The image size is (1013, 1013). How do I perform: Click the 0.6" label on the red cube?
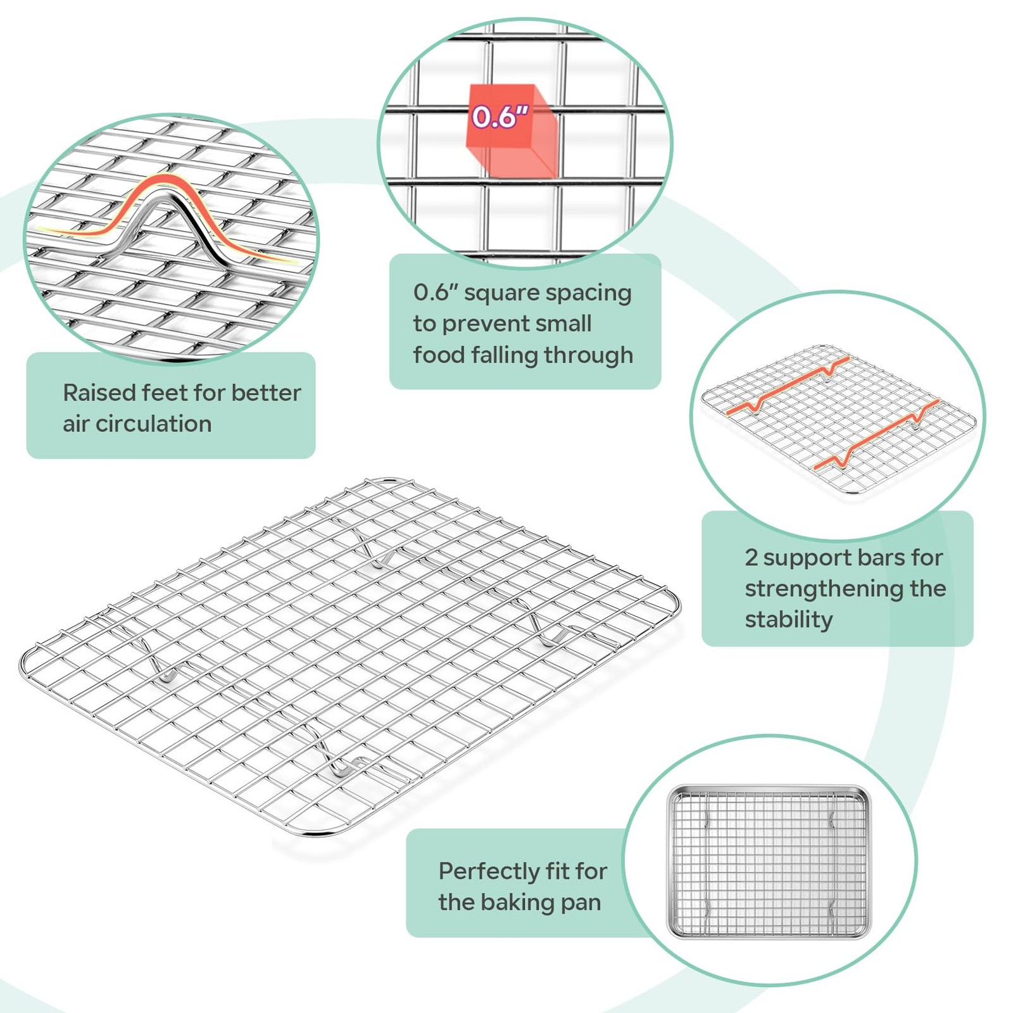pyautogui.click(x=500, y=116)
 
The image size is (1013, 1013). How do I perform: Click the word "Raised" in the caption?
pyautogui.click(x=99, y=393)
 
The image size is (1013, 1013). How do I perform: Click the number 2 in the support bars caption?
pyautogui.click(x=751, y=558)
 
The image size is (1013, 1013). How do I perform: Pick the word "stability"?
pyautogui.click(x=788, y=620)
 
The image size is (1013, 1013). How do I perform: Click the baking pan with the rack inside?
pyautogui.click(x=770, y=863)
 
